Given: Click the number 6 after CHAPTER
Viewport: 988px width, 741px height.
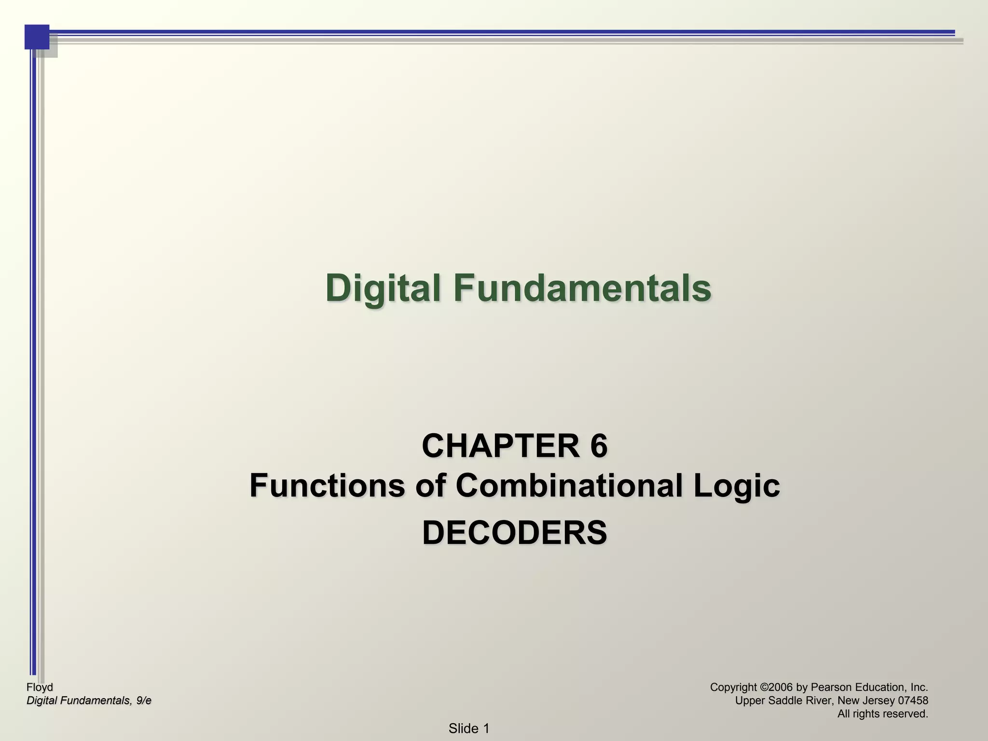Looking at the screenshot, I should [598, 446].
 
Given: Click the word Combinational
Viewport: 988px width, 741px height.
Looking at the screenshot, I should [570, 485].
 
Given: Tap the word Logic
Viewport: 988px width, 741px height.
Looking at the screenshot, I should [737, 485].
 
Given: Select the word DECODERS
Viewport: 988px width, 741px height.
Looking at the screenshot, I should [514, 533].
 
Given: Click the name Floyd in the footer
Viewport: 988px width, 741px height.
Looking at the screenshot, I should [40, 687].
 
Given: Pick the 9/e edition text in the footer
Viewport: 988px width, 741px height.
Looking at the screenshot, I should [143, 700].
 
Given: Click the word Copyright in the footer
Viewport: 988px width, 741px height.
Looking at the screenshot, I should [733, 687].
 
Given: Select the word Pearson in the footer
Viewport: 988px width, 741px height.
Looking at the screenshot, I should [829, 687].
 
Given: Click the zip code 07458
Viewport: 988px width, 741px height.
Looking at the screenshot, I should [910, 700].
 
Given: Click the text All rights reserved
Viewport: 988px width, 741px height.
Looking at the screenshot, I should [882, 714].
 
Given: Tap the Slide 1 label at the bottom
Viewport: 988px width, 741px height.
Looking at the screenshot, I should [469, 728].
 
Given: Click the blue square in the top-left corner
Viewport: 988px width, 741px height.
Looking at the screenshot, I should [37, 37].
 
